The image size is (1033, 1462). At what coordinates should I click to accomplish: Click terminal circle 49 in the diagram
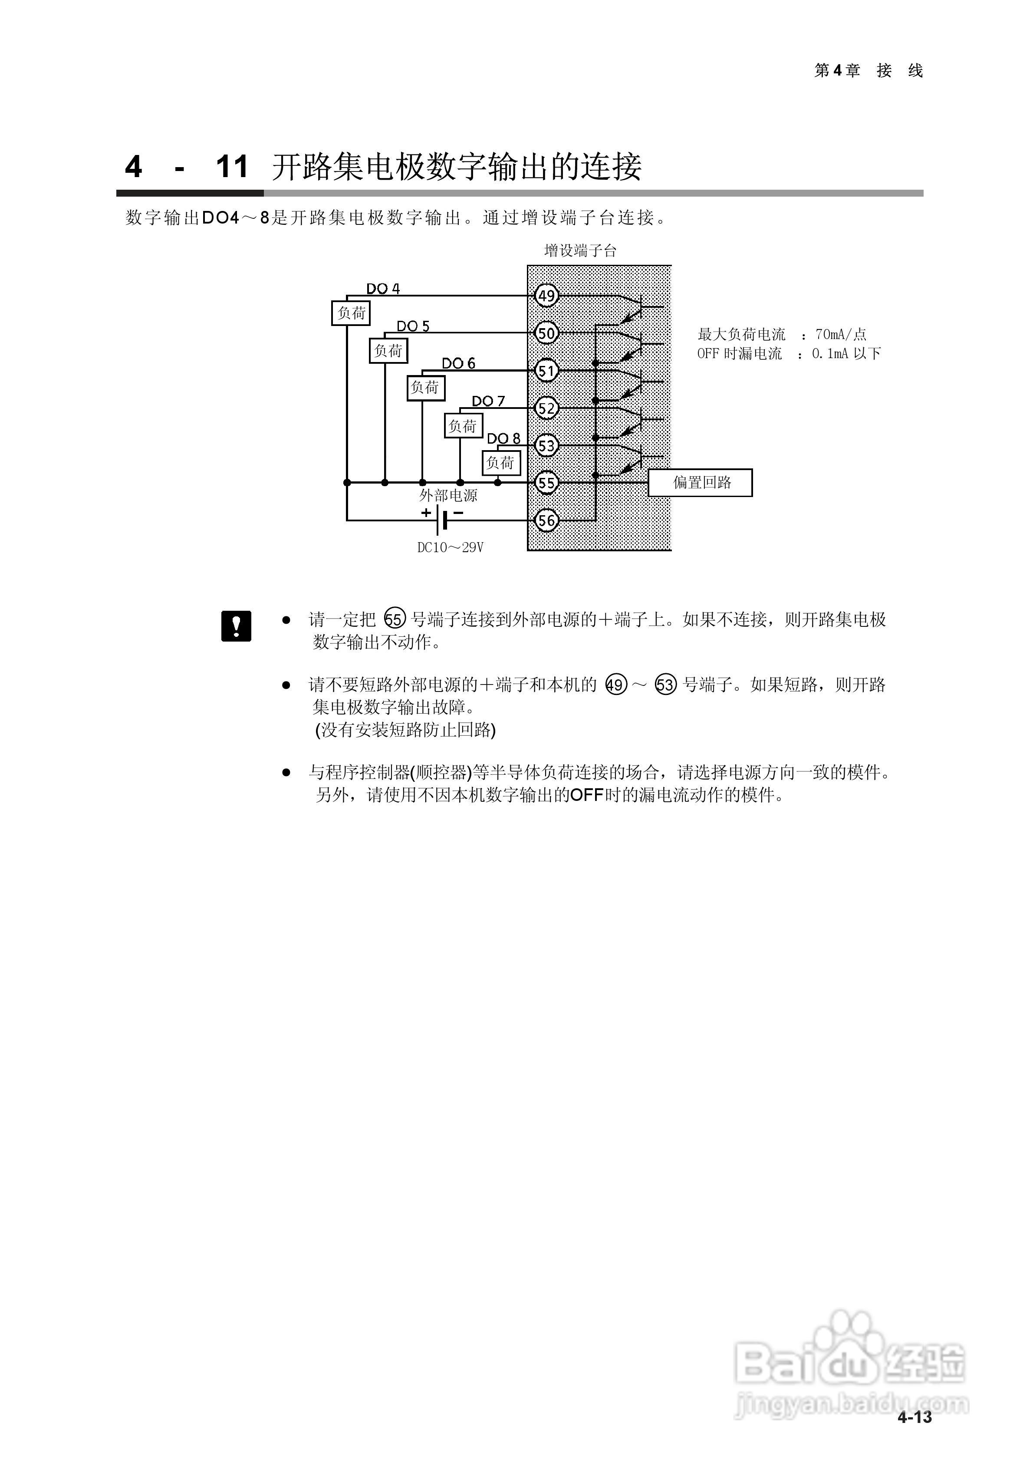(546, 296)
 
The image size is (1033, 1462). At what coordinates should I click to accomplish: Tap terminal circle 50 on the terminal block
(546, 333)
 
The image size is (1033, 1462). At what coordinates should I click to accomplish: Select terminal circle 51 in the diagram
(546, 371)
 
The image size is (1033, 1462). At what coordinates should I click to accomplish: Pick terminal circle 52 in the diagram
(546, 408)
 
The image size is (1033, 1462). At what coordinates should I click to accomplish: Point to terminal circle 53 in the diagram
(546, 446)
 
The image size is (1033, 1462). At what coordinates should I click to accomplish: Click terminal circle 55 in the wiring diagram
(546, 483)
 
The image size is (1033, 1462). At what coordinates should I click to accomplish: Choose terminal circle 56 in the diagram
(546, 520)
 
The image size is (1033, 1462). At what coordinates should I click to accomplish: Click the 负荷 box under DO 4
(351, 313)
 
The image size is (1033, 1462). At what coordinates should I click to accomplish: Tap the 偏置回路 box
(700, 483)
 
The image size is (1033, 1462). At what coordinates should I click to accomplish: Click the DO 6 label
(458, 363)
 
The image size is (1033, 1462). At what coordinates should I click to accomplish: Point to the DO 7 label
(488, 401)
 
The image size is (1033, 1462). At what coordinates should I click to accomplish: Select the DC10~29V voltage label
(450, 548)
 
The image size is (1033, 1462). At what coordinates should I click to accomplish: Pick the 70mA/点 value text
(841, 334)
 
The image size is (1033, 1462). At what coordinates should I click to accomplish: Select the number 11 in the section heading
(232, 167)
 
